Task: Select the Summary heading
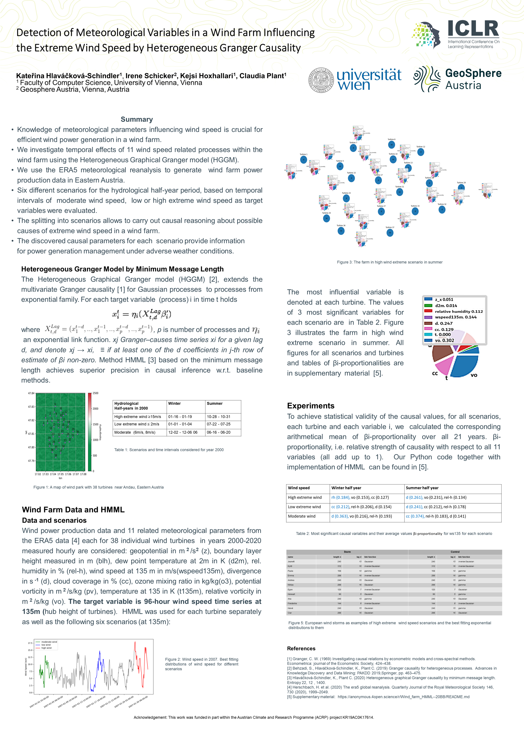click(x=137, y=119)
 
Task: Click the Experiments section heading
click(x=310, y=406)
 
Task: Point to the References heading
click(x=301, y=648)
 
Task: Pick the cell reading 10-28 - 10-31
click(x=218, y=417)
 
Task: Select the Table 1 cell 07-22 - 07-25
click(x=218, y=424)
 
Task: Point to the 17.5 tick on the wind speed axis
click(x=30, y=643)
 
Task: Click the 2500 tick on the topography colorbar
click(x=95, y=393)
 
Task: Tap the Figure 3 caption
click(x=389, y=262)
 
